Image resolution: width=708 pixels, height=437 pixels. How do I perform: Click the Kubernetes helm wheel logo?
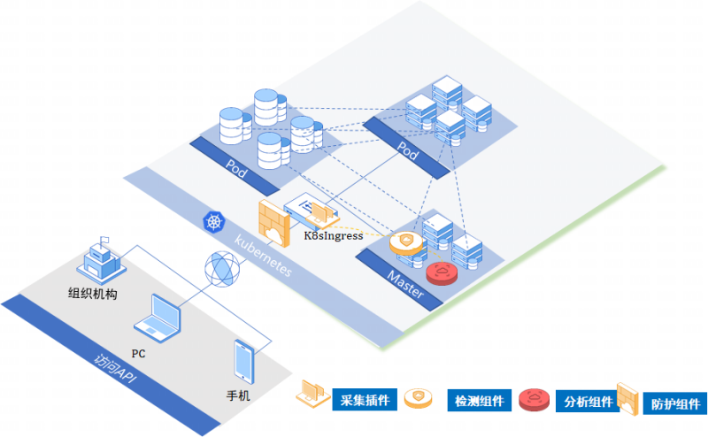coord(214,222)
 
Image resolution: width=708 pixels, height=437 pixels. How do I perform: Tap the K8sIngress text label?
coord(334,235)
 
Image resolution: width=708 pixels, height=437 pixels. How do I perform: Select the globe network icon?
coord(222,269)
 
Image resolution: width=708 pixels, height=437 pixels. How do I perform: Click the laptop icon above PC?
coord(158,318)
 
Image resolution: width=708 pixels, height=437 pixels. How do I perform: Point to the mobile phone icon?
coord(244,362)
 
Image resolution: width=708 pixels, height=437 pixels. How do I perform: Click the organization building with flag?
coord(102,260)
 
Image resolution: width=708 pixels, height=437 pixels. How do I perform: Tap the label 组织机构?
coord(93,294)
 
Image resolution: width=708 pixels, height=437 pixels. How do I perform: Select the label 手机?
coord(238,396)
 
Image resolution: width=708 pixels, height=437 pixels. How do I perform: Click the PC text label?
coord(139,354)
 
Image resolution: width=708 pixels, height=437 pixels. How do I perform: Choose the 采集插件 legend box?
coord(365,400)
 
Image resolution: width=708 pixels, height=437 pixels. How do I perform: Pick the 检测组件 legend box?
coord(479,401)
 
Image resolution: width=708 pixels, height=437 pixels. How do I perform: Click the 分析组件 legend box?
coord(588,402)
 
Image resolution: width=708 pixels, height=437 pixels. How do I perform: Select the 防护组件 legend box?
coord(675,403)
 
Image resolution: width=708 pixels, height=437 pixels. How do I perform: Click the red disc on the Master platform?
coord(442,273)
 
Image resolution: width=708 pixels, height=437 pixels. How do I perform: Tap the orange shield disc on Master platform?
coord(406,243)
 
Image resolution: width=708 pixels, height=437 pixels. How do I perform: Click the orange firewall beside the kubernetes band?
coord(273,223)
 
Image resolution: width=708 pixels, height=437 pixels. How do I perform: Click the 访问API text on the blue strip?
coord(115,368)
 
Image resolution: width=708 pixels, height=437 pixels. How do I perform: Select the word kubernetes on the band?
coord(263,255)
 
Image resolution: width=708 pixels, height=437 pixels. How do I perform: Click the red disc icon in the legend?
coord(535,400)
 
